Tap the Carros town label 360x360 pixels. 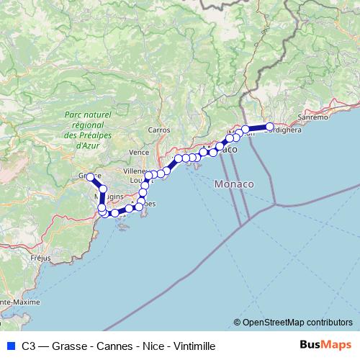158,130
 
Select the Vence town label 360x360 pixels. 138,153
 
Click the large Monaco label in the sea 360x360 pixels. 234,185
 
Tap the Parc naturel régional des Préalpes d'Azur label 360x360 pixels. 87,130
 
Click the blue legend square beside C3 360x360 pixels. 9,345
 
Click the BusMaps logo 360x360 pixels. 325,344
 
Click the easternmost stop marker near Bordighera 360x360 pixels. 270,127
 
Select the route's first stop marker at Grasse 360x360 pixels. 90,176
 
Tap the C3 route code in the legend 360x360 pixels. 29,345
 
